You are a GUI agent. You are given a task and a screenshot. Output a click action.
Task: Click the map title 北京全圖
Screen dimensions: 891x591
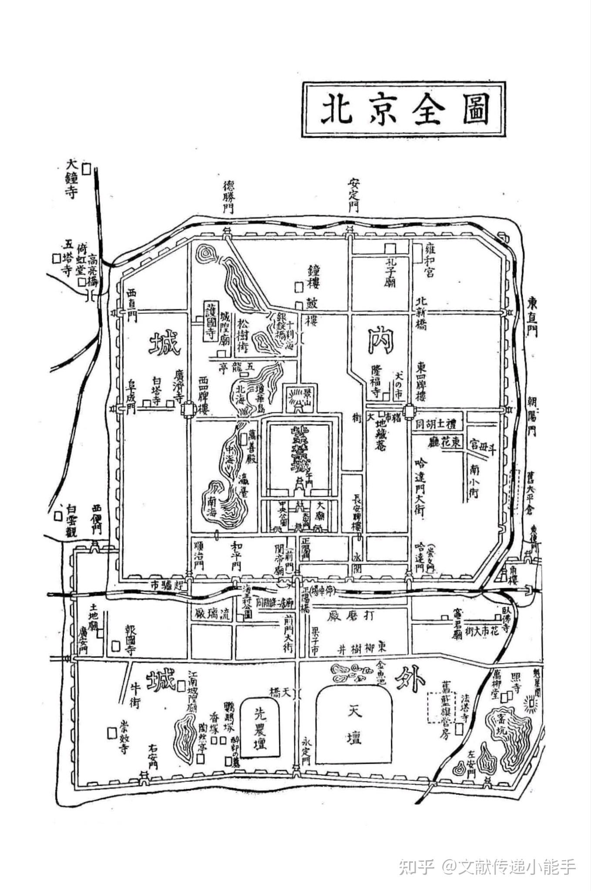pyautogui.click(x=404, y=109)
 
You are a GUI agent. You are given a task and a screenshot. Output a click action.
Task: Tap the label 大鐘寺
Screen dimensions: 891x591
pyautogui.click(x=71, y=179)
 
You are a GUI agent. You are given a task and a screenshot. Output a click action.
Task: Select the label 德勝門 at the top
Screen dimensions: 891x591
pyautogui.click(x=228, y=197)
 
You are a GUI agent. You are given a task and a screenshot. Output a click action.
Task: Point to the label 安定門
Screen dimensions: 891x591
pyautogui.click(x=353, y=194)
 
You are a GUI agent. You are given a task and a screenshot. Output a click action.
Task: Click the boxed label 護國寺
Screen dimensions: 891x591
pyautogui.click(x=211, y=321)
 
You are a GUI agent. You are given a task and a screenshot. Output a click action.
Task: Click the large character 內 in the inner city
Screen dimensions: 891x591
pyautogui.click(x=381, y=340)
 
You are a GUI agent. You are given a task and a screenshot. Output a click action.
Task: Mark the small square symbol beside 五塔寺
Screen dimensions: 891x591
pyautogui.click(x=55, y=258)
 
